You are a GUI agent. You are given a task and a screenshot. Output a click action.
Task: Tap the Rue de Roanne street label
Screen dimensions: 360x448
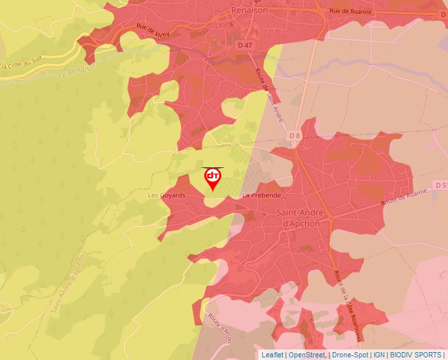click(350, 11)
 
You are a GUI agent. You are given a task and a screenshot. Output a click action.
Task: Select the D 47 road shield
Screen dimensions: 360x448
click(244, 45)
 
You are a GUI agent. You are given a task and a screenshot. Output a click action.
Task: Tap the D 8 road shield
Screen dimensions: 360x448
click(294, 135)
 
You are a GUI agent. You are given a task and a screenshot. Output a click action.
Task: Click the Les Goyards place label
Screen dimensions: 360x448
click(166, 195)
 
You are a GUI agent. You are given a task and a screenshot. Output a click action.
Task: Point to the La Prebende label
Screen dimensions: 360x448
click(262, 195)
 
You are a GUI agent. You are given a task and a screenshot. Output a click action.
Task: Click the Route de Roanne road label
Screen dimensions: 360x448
click(405, 195)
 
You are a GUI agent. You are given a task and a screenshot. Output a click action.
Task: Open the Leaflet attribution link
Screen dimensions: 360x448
click(272, 355)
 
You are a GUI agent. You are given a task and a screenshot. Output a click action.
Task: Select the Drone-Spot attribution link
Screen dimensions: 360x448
click(349, 355)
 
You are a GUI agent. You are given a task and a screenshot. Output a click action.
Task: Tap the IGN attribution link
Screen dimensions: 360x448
click(379, 355)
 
